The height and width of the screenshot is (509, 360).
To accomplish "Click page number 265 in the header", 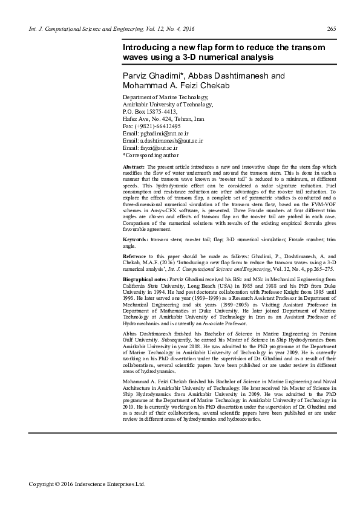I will [331, 29].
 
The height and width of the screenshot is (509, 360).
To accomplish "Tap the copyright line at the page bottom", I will [88, 484].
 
